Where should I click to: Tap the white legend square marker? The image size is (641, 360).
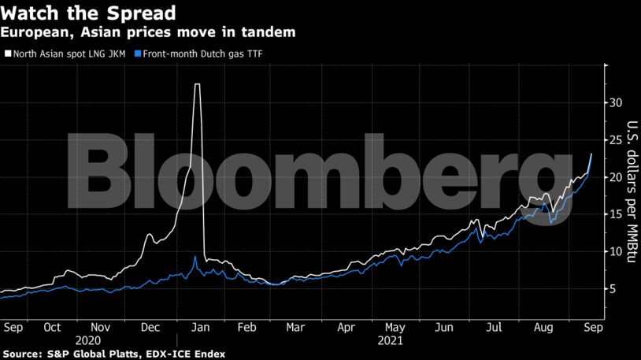pos(9,54)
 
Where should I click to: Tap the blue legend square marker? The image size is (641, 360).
pos(139,54)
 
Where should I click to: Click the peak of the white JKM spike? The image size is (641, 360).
pos(198,84)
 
